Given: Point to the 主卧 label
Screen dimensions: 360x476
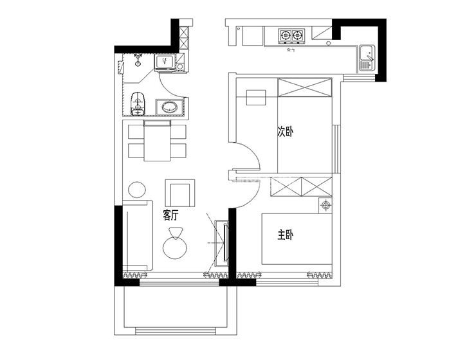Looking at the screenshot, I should coord(285,236).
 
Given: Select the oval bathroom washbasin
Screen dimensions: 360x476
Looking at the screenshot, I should coord(169,107).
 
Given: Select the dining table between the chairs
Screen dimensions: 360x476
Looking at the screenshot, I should coord(157,141).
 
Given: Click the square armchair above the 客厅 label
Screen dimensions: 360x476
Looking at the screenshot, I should coord(179,192).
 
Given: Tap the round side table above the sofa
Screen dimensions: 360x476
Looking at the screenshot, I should coord(136,190).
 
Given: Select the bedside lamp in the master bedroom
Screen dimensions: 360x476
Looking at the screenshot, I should coord(326,206).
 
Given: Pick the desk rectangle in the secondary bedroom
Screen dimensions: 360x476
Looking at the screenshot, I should coord(255,96).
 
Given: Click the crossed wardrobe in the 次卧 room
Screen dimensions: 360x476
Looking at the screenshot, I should coord(305,87).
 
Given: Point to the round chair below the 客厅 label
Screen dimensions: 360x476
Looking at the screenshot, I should coord(173,245).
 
